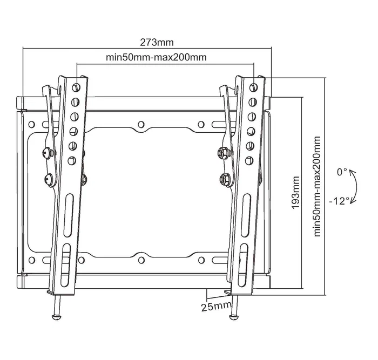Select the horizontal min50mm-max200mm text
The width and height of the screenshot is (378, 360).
pyautogui.click(x=156, y=57)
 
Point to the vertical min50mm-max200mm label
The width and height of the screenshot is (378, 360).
pyautogui.click(x=317, y=186)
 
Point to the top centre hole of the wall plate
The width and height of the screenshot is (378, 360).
pyautogui.click(x=141, y=124)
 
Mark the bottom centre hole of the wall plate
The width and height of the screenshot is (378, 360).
pyautogui.click(x=141, y=258)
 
